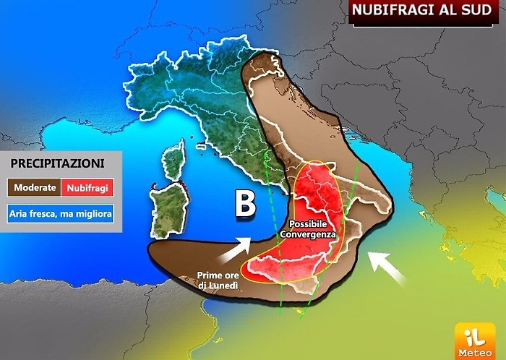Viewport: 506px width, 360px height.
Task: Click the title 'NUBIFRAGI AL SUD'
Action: pyautogui.click(x=426, y=12)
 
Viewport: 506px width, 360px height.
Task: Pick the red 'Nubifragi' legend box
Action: pyautogui.click(x=87, y=188)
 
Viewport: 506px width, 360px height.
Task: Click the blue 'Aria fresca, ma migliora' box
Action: pyautogui.click(x=61, y=214)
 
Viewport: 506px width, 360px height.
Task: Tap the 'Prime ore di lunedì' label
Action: pyautogui.click(x=218, y=280)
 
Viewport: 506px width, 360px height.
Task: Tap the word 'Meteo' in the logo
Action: pyautogui.click(x=474, y=352)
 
